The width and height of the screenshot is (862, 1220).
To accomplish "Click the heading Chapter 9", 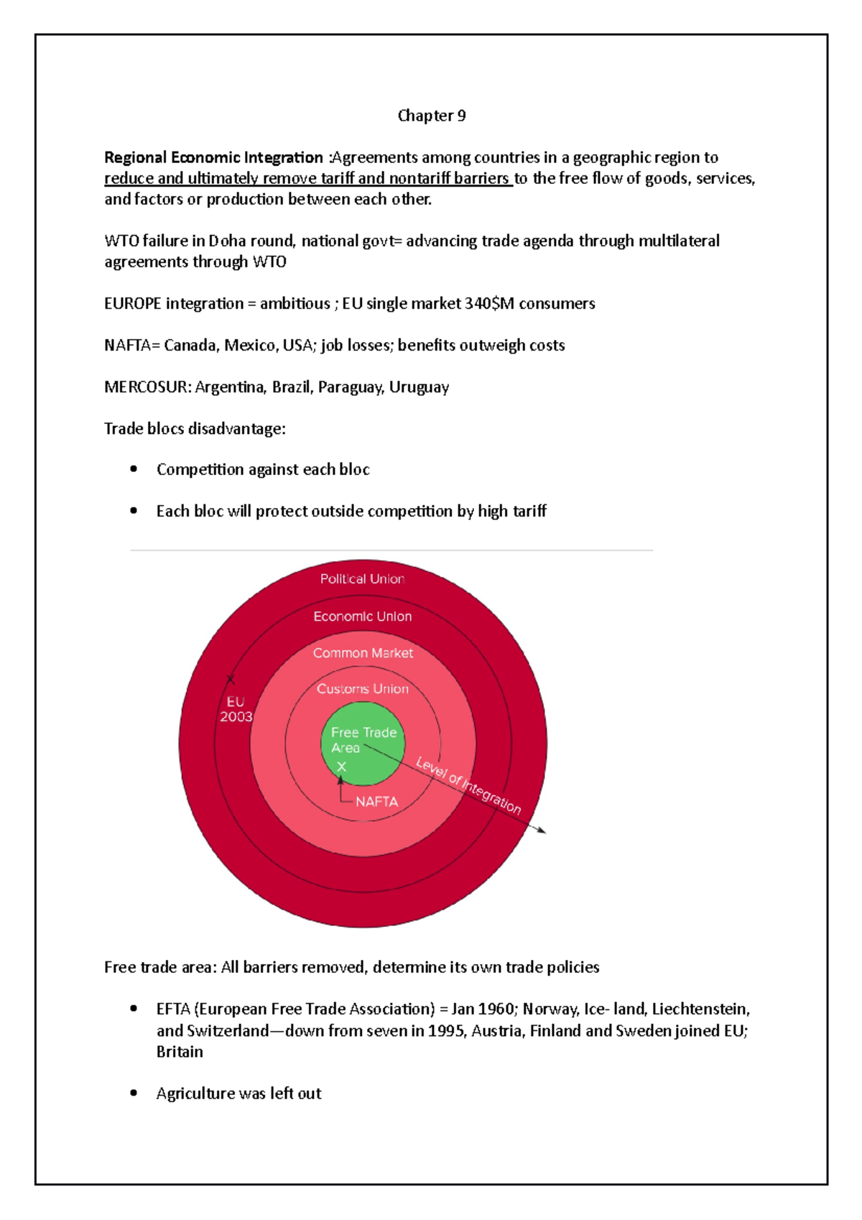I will (432, 116).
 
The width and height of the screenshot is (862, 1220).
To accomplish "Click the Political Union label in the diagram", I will (362, 579).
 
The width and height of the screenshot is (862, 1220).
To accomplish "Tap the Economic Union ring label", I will (363, 616).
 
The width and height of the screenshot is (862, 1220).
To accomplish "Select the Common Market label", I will (363, 653).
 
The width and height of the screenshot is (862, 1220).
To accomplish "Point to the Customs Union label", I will (363, 689).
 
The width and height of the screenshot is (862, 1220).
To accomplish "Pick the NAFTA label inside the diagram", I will (376, 802).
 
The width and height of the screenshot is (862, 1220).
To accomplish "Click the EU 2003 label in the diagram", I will (236, 709).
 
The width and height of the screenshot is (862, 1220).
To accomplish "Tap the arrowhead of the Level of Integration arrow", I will (542, 831).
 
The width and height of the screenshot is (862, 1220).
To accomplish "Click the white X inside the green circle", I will (342, 767).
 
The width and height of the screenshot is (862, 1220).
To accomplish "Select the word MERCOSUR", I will (147, 387).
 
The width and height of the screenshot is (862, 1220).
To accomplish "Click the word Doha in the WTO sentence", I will (227, 241).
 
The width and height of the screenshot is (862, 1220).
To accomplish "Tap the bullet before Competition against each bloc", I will (134, 469).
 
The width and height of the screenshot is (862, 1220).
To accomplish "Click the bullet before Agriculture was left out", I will (134, 1093).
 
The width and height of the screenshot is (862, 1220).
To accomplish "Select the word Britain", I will (180, 1052).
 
